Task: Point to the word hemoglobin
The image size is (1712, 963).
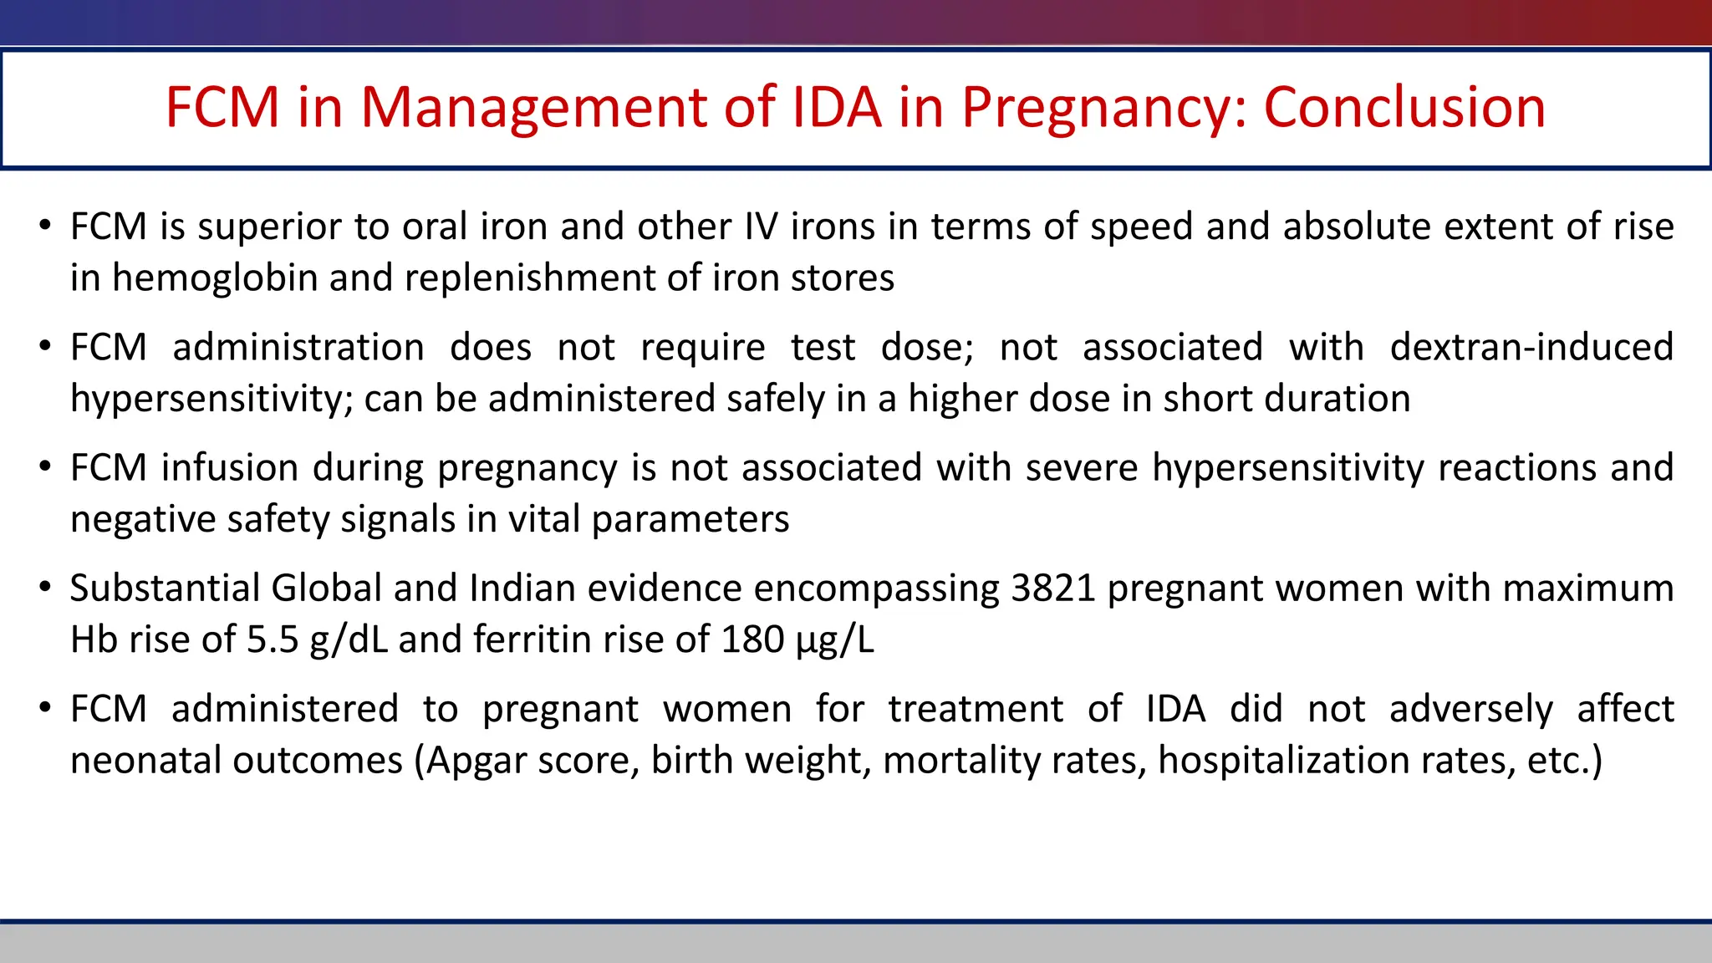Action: tap(215, 278)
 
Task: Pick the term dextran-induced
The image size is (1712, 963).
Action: tap(1531, 347)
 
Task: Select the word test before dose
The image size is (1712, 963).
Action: tap(823, 347)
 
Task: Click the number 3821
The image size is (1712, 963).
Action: tap(1052, 588)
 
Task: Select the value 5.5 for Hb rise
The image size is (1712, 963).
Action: tap(273, 639)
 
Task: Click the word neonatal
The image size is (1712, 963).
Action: tap(145, 761)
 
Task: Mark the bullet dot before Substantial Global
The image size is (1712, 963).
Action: tap(45, 588)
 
